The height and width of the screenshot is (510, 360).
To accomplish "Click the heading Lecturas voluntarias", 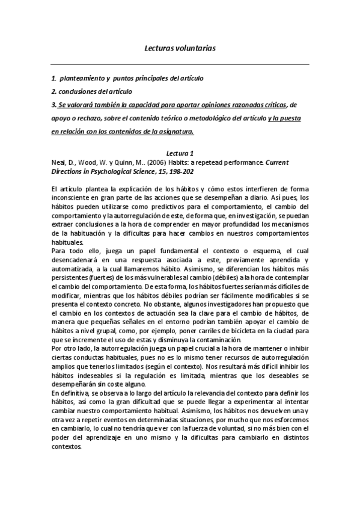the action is (180, 46).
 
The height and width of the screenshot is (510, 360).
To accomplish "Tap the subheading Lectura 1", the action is (180, 153).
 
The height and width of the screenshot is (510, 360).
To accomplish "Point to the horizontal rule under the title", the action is (180, 64).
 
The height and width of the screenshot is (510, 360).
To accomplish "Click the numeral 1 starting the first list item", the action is (53, 78).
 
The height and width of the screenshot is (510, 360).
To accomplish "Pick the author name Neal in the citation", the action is (58, 162).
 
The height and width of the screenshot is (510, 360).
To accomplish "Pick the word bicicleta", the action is (240, 330).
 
